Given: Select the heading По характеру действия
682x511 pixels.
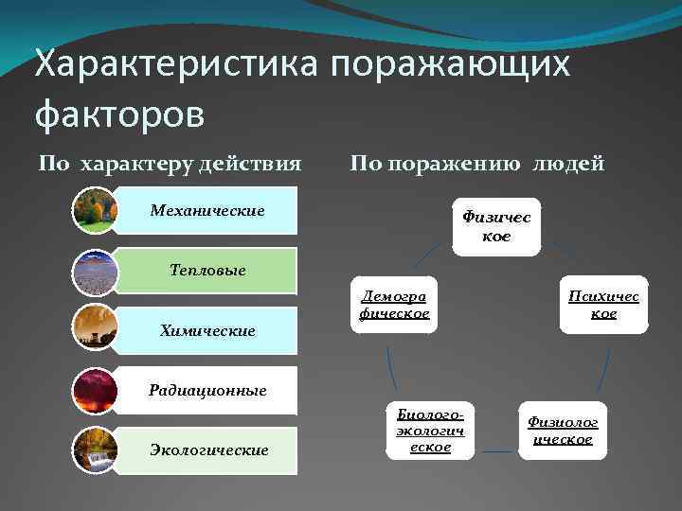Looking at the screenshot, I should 170,164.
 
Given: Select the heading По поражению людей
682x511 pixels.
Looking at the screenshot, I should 476,164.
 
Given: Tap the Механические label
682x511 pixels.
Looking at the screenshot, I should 207,209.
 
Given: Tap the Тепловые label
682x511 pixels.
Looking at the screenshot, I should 207,271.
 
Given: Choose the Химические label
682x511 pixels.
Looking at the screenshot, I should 207,330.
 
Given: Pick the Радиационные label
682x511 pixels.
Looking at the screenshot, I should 207,390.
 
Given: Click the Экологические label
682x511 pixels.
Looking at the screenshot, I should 207,450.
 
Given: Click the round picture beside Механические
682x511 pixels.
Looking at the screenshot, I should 95,210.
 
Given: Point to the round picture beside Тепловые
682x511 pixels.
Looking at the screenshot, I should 95,271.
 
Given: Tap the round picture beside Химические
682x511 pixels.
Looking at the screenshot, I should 95,330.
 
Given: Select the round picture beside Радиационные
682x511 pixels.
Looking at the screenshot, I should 95,390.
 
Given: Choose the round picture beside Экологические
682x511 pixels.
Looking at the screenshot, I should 95,450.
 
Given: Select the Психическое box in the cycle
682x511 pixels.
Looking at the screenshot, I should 603,305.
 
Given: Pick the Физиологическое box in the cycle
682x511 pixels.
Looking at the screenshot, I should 563,431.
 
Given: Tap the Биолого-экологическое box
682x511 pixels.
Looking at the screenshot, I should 430,431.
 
